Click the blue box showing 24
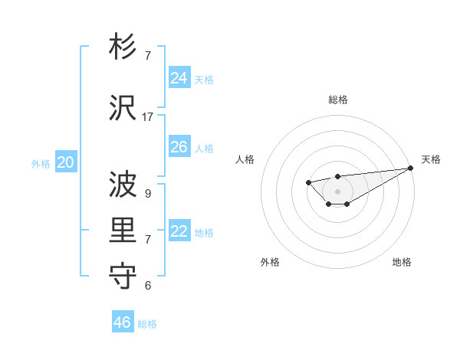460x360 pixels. (x=179, y=78)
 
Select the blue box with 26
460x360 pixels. (x=179, y=147)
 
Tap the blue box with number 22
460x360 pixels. (x=179, y=231)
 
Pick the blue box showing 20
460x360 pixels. (x=66, y=162)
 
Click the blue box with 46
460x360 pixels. (x=123, y=322)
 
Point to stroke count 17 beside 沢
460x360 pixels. (x=148, y=117)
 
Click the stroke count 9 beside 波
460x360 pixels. (x=148, y=193)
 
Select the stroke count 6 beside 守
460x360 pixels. (x=148, y=286)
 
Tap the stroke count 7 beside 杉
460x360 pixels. (x=148, y=56)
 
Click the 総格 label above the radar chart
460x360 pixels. (x=337, y=100)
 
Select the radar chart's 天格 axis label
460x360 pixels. (x=431, y=159)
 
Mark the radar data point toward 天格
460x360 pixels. (x=410, y=169)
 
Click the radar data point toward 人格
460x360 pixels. (x=308, y=182)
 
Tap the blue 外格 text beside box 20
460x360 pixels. (x=41, y=163)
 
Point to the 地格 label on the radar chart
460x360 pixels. (x=402, y=262)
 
